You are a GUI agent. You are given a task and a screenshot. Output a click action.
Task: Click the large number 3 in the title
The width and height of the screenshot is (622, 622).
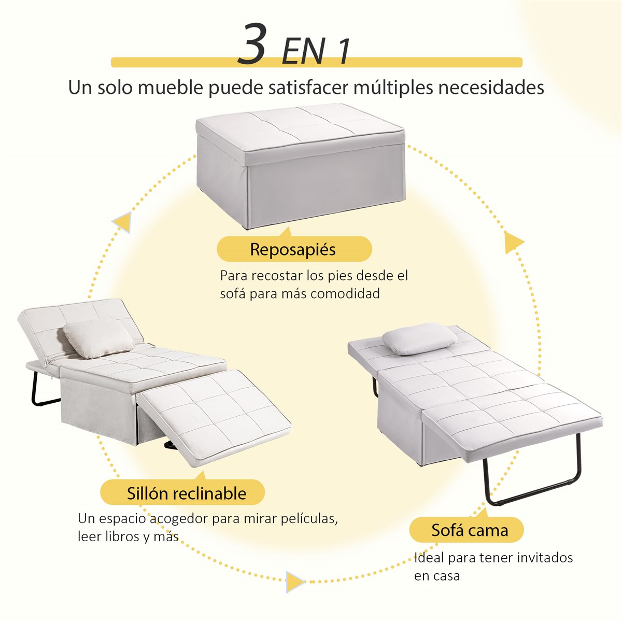pos(252,44)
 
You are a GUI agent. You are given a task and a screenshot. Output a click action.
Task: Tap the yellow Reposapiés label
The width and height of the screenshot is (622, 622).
pos(294,249)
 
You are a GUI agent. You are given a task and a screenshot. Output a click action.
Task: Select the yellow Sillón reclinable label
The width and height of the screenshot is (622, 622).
pos(182,493)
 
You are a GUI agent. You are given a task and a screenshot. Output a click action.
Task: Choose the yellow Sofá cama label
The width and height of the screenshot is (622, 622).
pos(466,530)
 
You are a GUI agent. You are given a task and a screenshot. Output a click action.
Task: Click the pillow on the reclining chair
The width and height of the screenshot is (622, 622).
pos(98,337)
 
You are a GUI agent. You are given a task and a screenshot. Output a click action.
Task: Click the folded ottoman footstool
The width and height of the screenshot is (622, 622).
pos(300,165)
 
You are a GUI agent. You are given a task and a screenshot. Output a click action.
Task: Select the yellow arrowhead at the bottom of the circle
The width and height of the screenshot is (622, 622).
pos(294,582)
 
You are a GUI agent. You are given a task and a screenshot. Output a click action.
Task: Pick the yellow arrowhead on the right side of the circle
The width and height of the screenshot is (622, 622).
pos(513,242)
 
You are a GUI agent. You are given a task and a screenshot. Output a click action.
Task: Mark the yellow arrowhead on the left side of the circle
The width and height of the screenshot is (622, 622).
pos(123,222)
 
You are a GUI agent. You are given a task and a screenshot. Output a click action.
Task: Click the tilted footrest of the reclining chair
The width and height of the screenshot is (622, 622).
pos(215,416)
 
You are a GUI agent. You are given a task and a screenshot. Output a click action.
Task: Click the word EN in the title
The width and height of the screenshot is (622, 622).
pos(303,52)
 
